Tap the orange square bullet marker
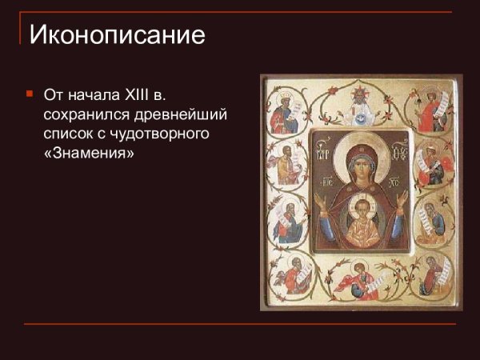point(30,94)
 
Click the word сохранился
point(83,115)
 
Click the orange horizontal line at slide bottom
point(240,324)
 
